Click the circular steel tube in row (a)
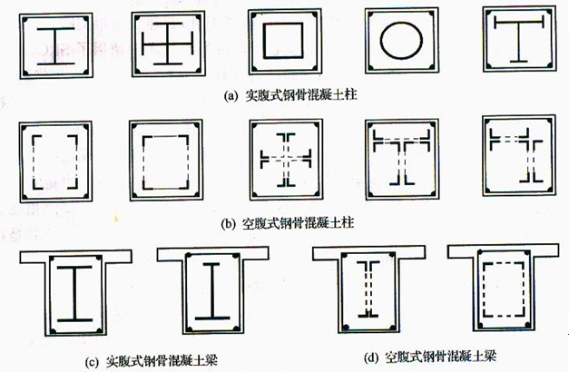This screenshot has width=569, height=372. (381, 40)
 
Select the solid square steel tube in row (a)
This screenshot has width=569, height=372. (264, 41)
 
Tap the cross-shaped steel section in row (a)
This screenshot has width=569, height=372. (168, 44)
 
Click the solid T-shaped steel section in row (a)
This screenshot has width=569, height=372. (519, 40)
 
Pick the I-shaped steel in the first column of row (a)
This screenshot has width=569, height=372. (55, 46)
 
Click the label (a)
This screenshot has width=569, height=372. (231, 96)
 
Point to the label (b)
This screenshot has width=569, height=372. (228, 223)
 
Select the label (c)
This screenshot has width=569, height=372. (92, 362)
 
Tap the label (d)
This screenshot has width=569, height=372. (371, 357)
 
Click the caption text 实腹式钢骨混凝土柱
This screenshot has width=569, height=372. (301, 95)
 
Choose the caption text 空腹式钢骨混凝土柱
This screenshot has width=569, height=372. (298, 222)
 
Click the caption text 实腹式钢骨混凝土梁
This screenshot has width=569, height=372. (162, 361)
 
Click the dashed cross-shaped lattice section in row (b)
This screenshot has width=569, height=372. (286, 160)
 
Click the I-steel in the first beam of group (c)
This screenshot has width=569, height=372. (74, 294)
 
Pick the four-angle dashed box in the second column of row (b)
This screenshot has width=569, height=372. (143, 162)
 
